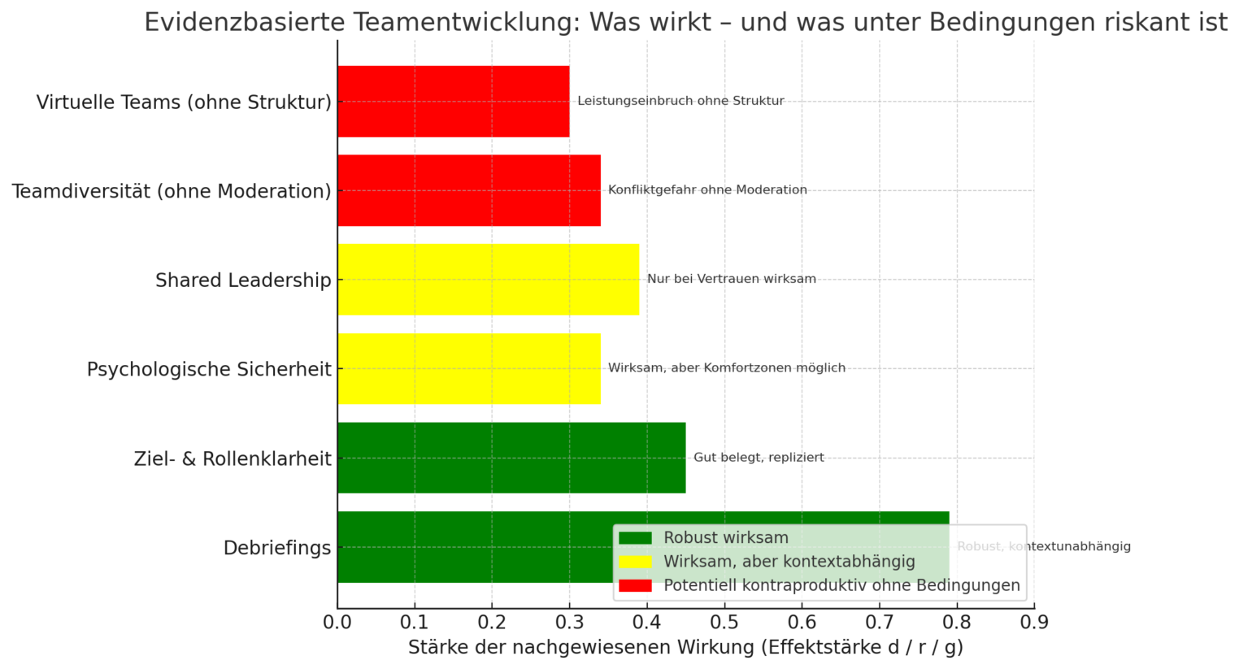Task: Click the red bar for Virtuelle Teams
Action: click(x=453, y=101)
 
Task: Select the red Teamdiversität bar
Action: click(x=469, y=190)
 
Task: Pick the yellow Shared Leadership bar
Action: click(x=488, y=280)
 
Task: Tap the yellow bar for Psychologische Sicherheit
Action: click(x=469, y=368)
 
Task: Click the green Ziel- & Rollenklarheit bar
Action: click(x=511, y=458)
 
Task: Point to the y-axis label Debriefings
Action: click(x=277, y=548)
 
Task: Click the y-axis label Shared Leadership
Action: click(x=243, y=280)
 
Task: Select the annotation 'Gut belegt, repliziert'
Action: click(x=759, y=458)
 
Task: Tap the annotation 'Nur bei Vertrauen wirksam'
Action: click(x=731, y=279)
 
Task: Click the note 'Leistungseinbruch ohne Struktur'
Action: click(x=680, y=101)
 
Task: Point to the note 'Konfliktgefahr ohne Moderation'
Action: click(x=707, y=190)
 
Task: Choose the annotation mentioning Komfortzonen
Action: click(x=726, y=368)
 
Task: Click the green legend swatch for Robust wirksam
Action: click(x=635, y=538)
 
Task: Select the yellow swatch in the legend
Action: click(x=635, y=562)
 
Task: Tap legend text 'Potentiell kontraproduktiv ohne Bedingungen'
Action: click(x=841, y=585)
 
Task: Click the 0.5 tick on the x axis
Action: click(x=724, y=623)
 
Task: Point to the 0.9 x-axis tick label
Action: click(x=1034, y=623)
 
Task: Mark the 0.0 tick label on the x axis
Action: click(x=337, y=623)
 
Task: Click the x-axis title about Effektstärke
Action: click(x=685, y=648)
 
